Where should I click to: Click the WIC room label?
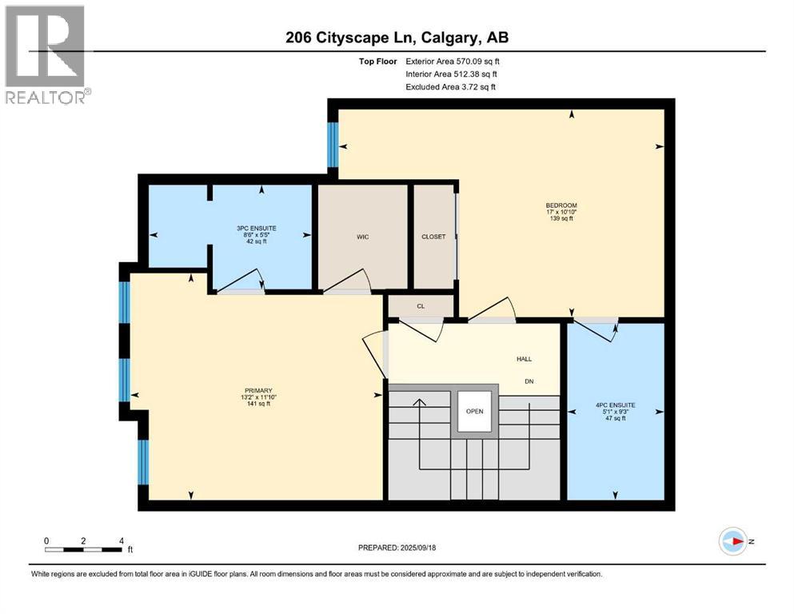coord(362,237)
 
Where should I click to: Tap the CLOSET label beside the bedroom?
coord(433,237)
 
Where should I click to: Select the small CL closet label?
coord(421,305)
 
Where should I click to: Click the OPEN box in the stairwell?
coord(475,412)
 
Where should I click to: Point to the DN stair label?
coord(529,381)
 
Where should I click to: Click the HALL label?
coord(524,360)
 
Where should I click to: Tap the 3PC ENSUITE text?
coord(261,228)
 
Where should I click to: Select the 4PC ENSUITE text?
coord(615,405)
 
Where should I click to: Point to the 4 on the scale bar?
coord(121,540)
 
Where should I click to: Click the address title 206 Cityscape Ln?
coord(397,37)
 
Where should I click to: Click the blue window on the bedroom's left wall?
coord(333,146)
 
